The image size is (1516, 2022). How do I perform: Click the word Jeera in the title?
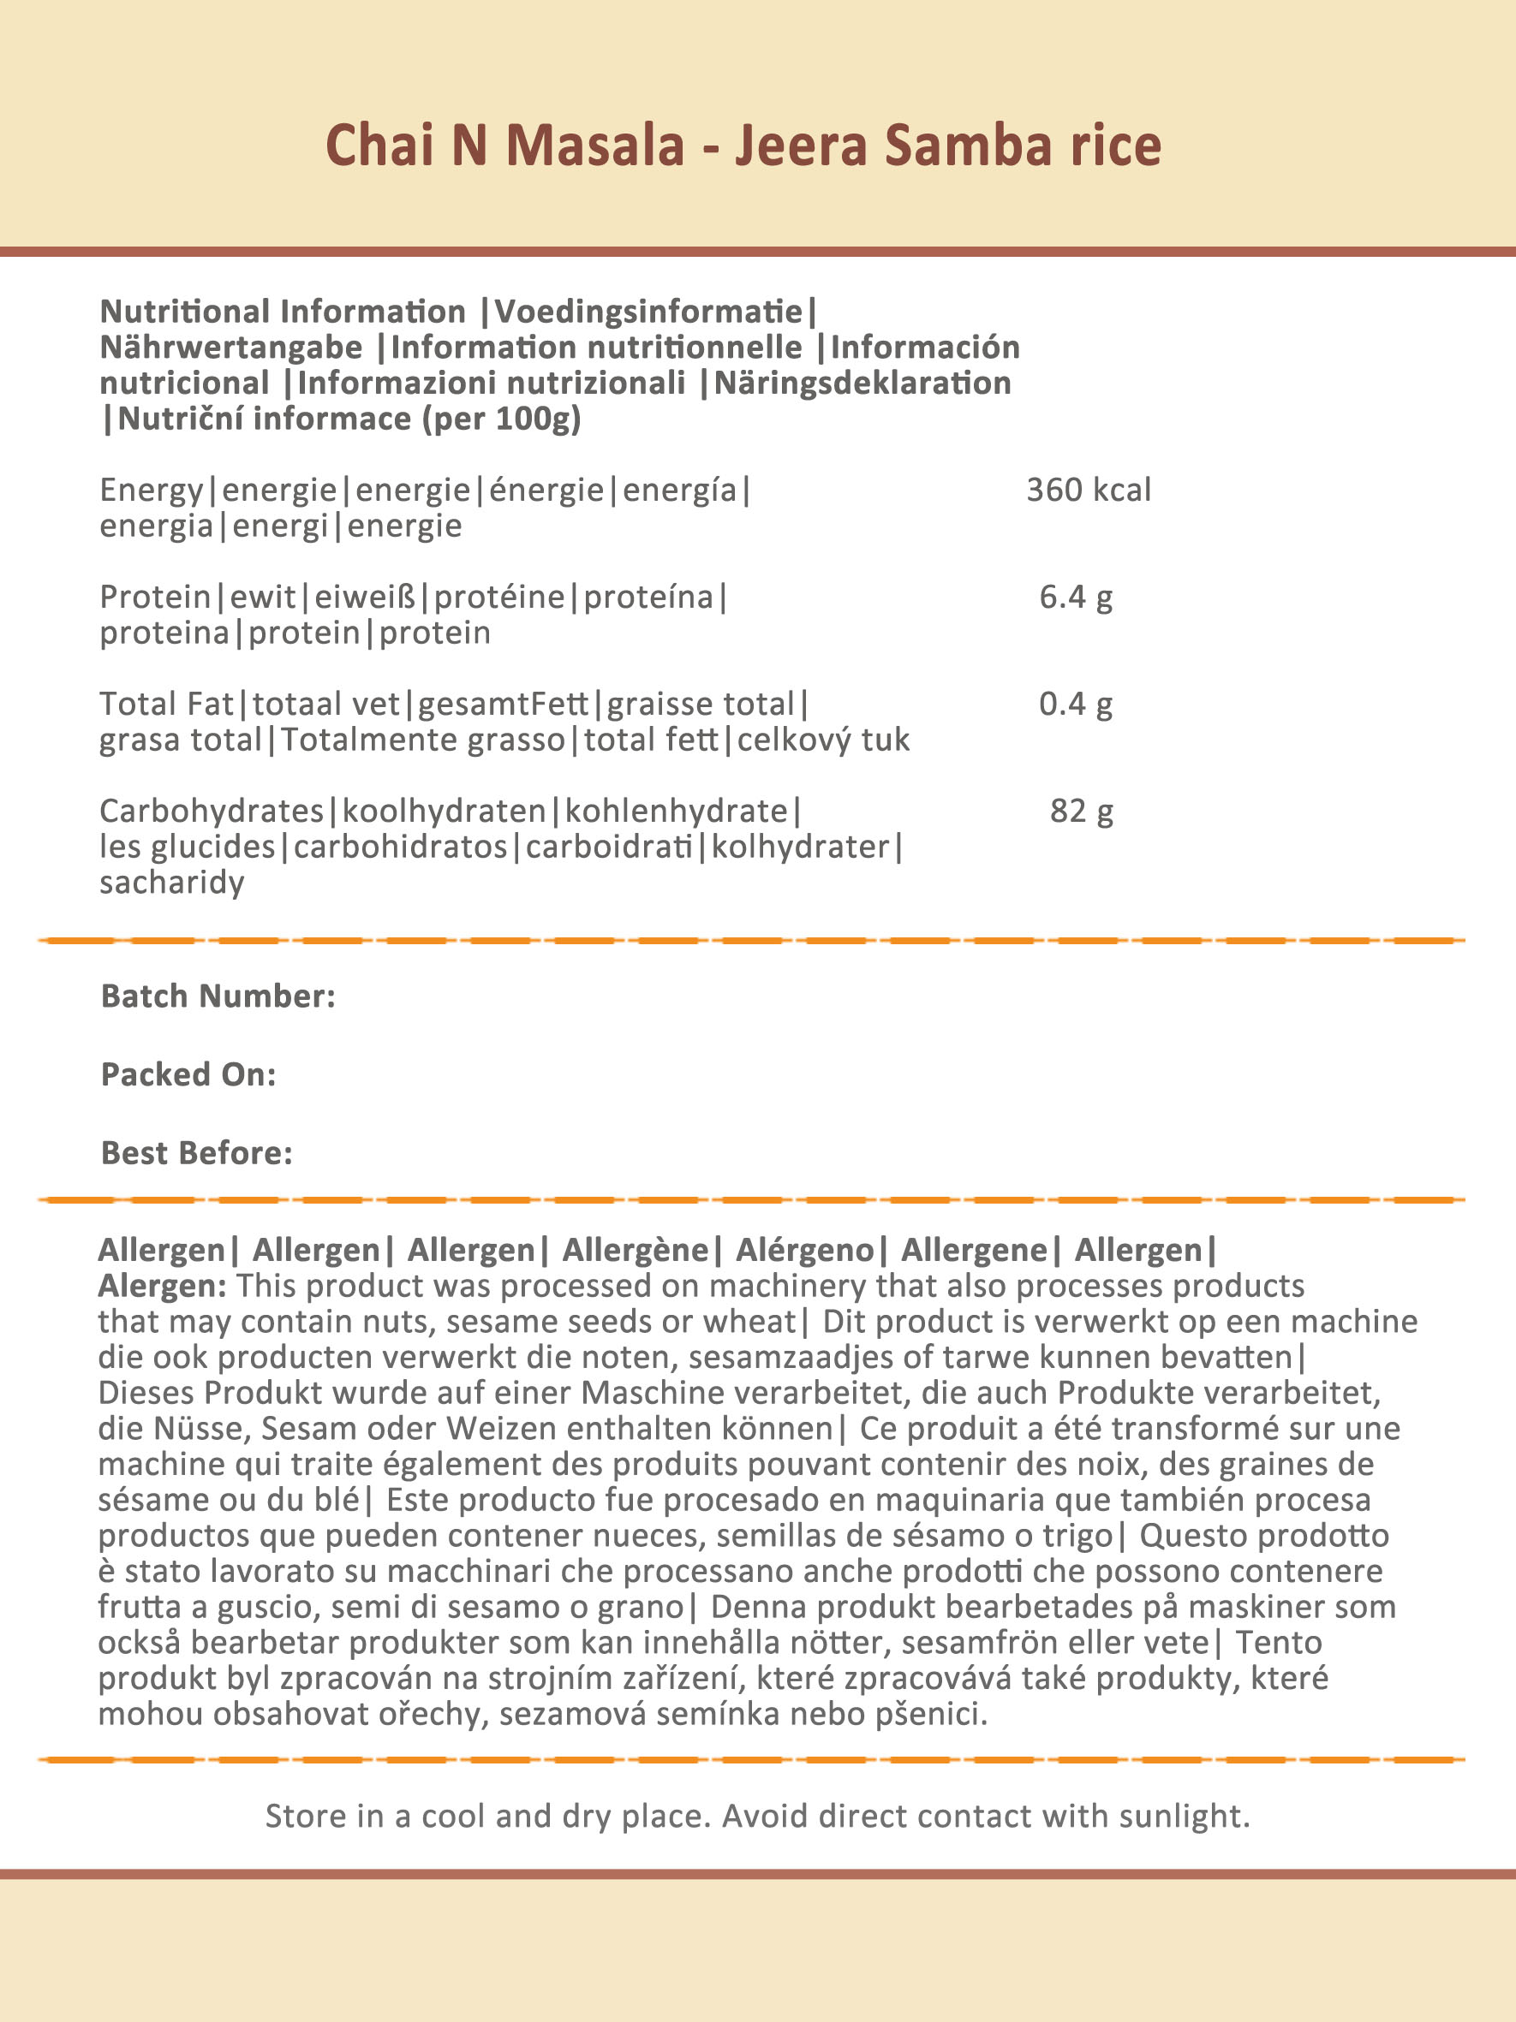[800, 146]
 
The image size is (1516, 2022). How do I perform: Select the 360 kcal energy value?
[1088, 490]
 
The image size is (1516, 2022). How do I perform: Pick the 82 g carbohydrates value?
[1081, 811]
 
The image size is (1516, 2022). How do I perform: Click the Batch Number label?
[218, 996]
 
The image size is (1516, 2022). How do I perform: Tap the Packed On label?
[188, 1074]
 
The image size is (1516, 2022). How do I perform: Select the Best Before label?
[197, 1153]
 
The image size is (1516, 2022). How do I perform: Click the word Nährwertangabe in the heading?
[231, 348]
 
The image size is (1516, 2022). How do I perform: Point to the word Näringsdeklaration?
[862, 383]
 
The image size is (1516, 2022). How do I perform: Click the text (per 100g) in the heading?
[501, 419]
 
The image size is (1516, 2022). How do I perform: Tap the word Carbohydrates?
[212, 811]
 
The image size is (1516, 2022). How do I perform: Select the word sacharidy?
[172, 882]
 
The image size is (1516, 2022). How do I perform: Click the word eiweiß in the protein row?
[365, 597]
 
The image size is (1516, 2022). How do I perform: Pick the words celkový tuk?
[823, 740]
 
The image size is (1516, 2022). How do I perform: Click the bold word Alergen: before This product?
[162, 1285]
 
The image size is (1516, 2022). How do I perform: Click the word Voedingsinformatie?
[648, 312]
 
